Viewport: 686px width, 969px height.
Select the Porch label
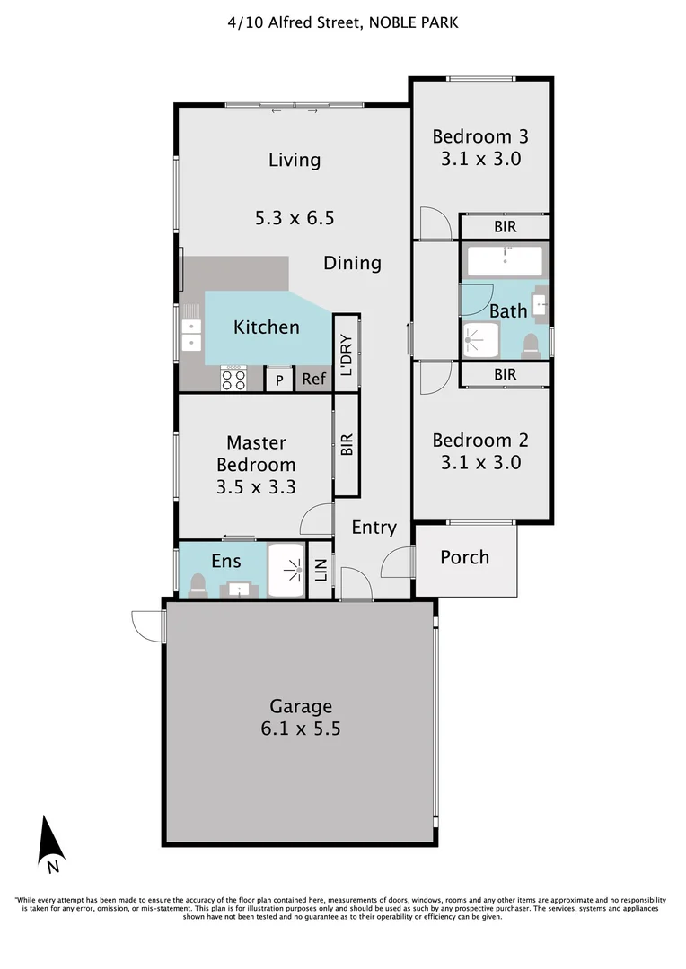464,557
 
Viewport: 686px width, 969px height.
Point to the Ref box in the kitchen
313,380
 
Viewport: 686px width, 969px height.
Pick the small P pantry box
279,380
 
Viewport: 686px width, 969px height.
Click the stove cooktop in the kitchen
234,379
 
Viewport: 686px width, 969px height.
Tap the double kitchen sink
191,334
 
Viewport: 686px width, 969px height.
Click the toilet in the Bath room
532,345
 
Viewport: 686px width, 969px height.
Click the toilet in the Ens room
198,586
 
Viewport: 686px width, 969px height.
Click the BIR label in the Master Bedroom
347,446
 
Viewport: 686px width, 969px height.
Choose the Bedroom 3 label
479,137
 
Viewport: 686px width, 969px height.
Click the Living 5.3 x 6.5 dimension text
295,217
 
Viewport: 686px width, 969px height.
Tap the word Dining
352,263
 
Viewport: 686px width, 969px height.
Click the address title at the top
343,22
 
